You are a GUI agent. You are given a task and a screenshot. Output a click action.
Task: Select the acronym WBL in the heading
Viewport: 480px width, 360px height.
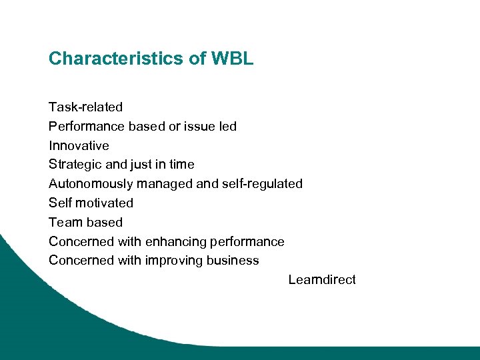(x=232, y=59)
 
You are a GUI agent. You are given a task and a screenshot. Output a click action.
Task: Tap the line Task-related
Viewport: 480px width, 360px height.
(x=85, y=107)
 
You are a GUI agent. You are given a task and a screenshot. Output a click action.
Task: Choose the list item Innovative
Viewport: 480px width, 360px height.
(x=79, y=145)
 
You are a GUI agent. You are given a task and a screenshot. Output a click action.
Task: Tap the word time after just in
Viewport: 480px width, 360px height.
(x=181, y=164)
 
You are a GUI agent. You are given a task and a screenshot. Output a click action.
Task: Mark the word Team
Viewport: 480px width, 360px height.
(x=64, y=222)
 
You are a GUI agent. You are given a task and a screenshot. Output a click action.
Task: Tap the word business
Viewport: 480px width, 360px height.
(x=233, y=260)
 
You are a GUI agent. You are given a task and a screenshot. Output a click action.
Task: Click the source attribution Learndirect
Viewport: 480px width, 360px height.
(x=322, y=279)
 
